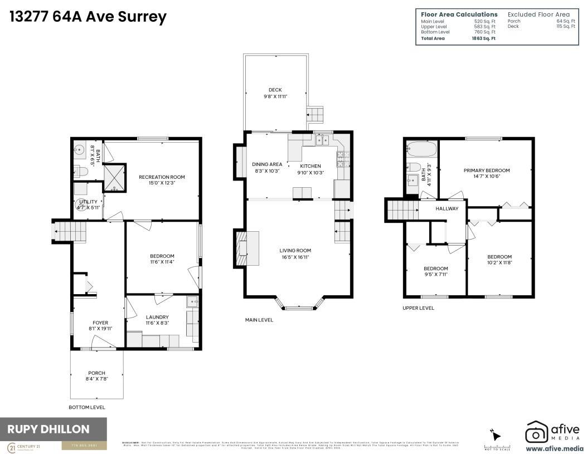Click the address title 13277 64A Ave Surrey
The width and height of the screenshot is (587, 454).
(x=88, y=17)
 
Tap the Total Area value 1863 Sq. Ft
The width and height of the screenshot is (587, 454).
(x=484, y=38)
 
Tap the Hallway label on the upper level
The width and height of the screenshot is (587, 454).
(x=447, y=209)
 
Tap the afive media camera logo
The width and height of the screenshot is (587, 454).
(x=537, y=432)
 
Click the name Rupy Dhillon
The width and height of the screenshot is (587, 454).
(x=48, y=429)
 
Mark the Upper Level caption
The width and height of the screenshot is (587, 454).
(x=418, y=308)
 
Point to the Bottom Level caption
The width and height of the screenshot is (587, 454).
(x=86, y=407)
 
